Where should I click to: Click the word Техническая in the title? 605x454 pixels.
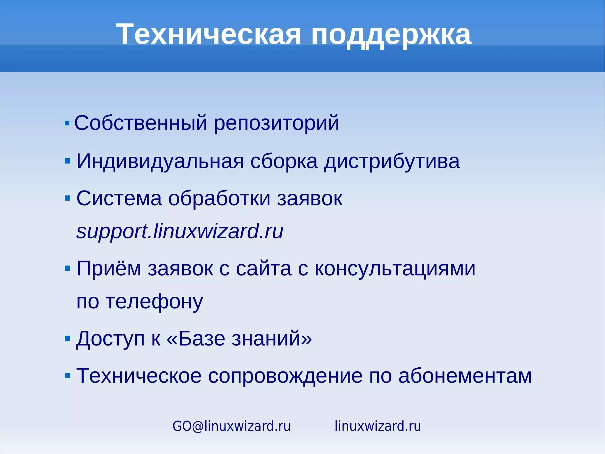click(209, 35)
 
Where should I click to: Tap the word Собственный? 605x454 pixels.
click(140, 123)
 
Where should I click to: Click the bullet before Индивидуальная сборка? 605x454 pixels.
click(67, 161)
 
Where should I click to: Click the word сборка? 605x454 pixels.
click(284, 161)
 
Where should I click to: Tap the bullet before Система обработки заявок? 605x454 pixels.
click(67, 198)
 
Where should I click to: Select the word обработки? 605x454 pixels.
click(219, 198)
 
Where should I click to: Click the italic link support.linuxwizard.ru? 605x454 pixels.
click(180, 231)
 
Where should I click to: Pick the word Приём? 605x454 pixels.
click(108, 269)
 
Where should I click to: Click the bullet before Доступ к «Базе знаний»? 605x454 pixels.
click(67, 338)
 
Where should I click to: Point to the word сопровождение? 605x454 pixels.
click(285, 376)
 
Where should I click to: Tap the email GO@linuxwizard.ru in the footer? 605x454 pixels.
click(231, 426)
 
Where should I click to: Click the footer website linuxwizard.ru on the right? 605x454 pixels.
click(378, 426)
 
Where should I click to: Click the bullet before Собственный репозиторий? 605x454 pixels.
click(67, 123)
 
